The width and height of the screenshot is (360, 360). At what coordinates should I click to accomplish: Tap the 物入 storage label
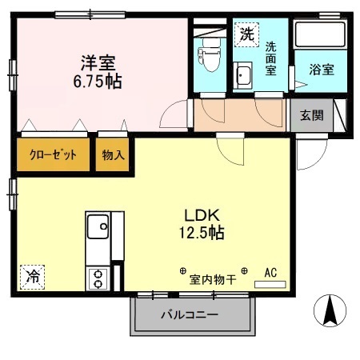tap(114, 155)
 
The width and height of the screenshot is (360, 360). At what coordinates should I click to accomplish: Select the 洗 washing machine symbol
tap(246, 34)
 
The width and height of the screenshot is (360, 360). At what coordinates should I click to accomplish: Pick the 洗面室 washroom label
tap(272, 59)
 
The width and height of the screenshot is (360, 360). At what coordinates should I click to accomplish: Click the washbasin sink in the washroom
tap(243, 76)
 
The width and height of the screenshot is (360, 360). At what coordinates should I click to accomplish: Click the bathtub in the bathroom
tap(320, 37)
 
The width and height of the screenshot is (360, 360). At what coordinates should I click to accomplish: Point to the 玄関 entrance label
tap(312, 114)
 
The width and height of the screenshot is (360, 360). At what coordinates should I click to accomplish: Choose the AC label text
tap(270, 272)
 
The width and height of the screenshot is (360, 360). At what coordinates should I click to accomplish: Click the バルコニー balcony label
tap(189, 314)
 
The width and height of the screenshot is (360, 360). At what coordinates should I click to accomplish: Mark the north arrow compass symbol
tap(329, 310)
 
